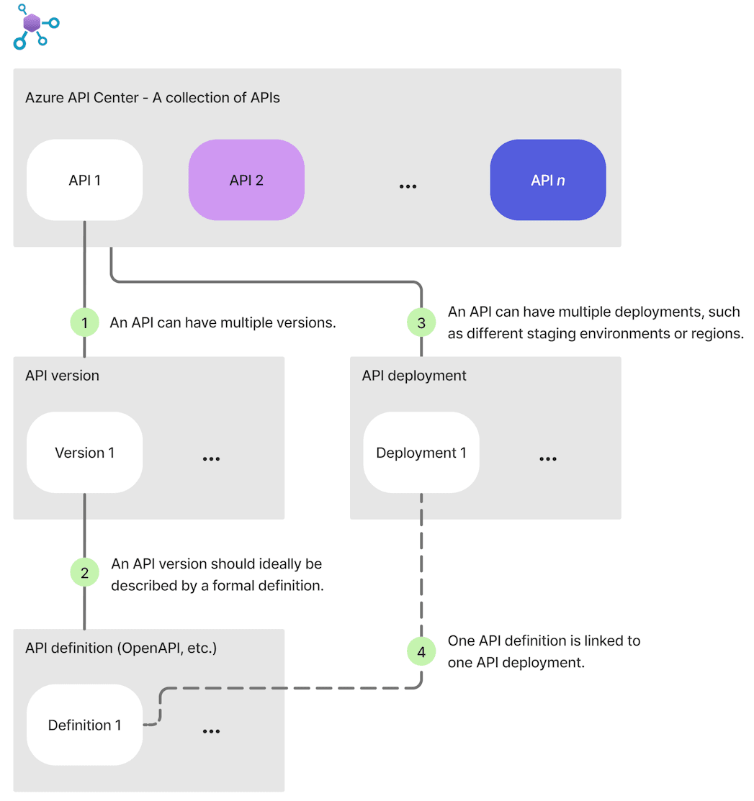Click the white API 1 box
coord(84,180)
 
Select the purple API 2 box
coord(246,180)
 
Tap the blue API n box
coord(547,180)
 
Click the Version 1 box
coord(84,453)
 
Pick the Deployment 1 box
coord(421,453)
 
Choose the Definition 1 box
coord(84,725)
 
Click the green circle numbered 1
coord(84,323)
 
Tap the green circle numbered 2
coord(84,573)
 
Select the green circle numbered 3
coord(421,323)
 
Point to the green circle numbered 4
coord(421,652)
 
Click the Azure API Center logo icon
coord(34,26)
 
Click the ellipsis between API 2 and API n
coord(408,186)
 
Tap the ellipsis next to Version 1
coord(211,458)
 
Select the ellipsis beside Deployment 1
coord(547,458)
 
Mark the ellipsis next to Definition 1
coord(211,731)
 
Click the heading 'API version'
coord(62,376)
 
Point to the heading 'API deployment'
coord(414,376)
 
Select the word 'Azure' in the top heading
coord(42,97)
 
